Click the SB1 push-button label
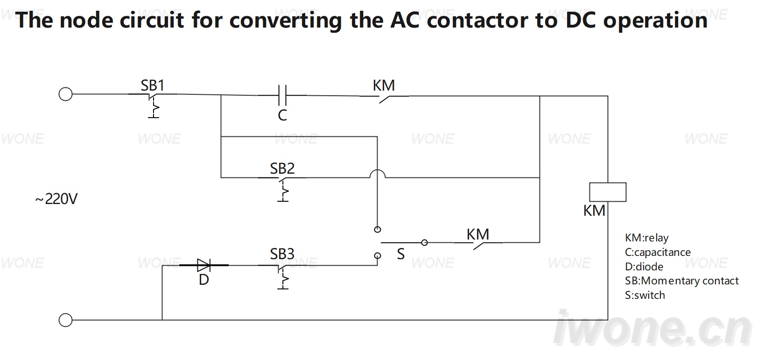tap(153, 85)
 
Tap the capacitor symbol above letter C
tap(282, 95)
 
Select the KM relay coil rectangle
tap(608, 192)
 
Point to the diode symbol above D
tap(204, 265)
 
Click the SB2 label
tap(282, 169)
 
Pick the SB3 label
tap(282, 254)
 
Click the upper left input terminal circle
tap(65, 94)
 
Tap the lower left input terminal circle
tap(65, 320)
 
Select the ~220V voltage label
tap(56, 199)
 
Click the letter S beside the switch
tap(401, 254)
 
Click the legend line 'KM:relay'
tap(646, 238)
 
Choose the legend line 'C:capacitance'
tap(658, 252)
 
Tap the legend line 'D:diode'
tap(644, 267)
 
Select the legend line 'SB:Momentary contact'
tap(682, 281)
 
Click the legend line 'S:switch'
tap(645, 296)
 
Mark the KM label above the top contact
tap(384, 85)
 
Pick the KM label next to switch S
tap(478, 234)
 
